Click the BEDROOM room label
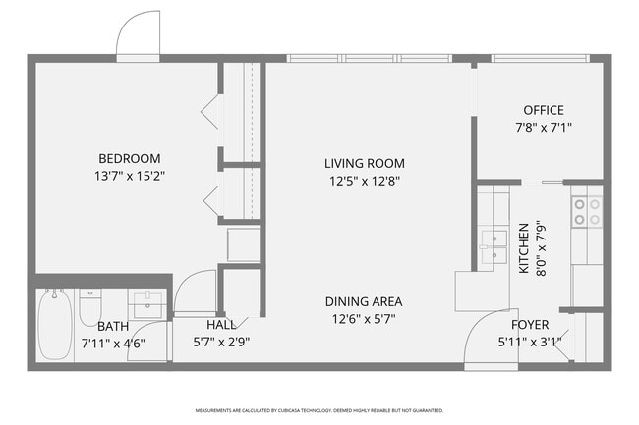[x=128, y=158]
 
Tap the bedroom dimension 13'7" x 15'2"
[x=128, y=177]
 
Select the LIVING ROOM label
[x=364, y=163]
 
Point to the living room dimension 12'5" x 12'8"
[x=364, y=181]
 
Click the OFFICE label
[x=543, y=110]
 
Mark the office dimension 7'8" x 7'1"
[x=543, y=128]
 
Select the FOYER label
[x=529, y=324]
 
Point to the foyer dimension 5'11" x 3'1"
[x=529, y=343]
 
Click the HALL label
[x=220, y=324]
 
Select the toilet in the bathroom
[x=89, y=306]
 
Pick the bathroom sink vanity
[x=147, y=305]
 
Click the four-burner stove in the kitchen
[x=587, y=211]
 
